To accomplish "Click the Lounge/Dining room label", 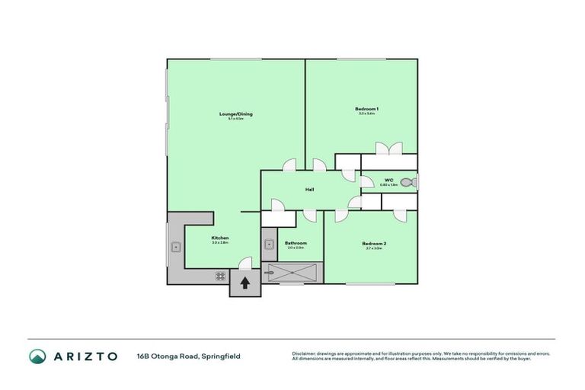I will point(235,114).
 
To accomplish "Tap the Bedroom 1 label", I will point(366,109).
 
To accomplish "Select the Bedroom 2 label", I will point(375,243).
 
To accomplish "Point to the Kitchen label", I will point(220,238).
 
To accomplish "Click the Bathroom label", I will point(295,243).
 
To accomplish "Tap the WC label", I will point(388,181).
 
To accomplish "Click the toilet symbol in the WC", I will point(408,182).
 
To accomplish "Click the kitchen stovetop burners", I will point(220,276).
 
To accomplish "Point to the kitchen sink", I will point(175,246).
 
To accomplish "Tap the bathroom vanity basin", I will point(269,245).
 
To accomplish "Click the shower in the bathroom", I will point(292,271).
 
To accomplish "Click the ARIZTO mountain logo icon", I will point(37,356).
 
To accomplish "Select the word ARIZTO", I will point(85,356).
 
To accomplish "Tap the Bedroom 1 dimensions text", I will point(366,114).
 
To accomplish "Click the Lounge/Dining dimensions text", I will point(235,119).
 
